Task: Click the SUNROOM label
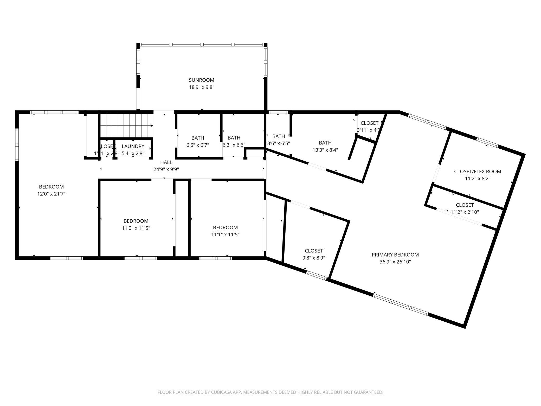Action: coord(201,80)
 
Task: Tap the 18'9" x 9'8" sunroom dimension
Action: coord(201,87)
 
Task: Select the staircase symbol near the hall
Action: coord(126,126)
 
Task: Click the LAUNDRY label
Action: coord(133,146)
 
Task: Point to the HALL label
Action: coord(166,162)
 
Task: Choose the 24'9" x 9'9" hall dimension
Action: coord(166,169)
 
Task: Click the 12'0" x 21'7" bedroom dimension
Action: coord(51,194)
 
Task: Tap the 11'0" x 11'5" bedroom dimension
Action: coord(136,228)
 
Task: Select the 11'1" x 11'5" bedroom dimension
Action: coord(225,234)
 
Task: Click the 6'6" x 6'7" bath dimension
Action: coord(198,145)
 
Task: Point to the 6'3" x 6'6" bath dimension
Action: coord(234,145)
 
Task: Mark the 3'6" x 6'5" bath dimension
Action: coord(278,143)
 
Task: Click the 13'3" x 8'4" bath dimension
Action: coord(325,150)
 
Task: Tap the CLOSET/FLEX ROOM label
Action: coord(477,172)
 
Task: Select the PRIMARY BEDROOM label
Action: coord(395,255)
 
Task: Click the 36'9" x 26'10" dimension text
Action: coord(395,262)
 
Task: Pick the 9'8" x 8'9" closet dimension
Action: coord(313,258)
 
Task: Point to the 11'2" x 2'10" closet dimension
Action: coord(465,212)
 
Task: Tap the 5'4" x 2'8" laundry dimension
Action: coord(133,153)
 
